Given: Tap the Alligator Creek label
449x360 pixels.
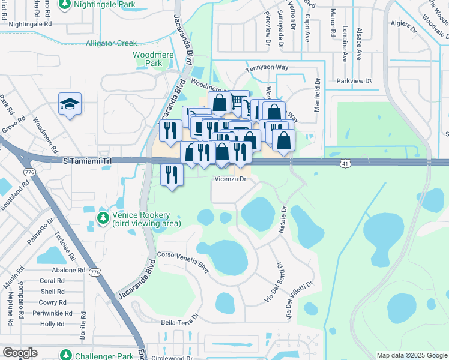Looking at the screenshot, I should point(111,43).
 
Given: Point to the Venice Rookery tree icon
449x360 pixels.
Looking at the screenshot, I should point(104,216).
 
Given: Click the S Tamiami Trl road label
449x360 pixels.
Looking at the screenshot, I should point(88,161).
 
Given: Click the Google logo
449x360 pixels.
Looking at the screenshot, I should point(20,353).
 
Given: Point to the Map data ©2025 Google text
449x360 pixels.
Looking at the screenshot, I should point(411,355).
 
